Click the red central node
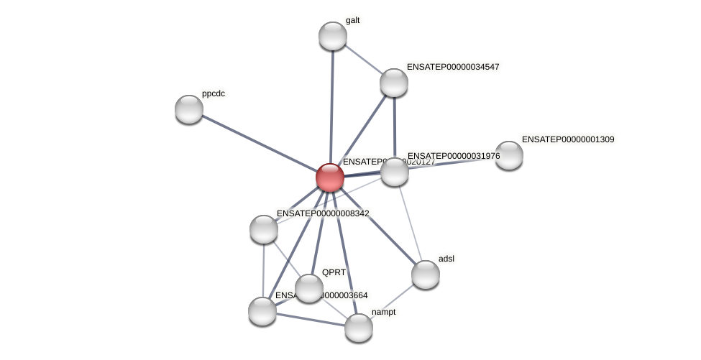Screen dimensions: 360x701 [x=330, y=177]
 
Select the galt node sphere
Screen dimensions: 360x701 [x=333, y=36]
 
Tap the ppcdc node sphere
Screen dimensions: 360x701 [x=189, y=109]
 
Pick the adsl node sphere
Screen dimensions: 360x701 [x=426, y=274]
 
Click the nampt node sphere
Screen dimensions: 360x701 [x=359, y=328]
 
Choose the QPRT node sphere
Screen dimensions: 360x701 [x=309, y=288]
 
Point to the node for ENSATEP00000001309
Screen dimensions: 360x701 [x=509, y=155]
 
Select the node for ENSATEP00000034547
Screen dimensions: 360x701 [x=394, y=83]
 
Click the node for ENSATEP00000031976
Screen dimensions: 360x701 [x=395, y=172]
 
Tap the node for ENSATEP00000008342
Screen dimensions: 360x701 [x=264, y=229]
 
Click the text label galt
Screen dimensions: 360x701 [x=352, y=20]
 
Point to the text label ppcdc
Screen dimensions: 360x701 [x=214, y=93]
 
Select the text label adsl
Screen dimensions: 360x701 [x=446, y=259]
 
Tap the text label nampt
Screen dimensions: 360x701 [x=383, y=312]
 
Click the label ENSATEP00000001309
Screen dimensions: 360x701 [x=568, y=139]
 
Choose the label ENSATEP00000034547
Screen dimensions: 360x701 [x=453, y=67]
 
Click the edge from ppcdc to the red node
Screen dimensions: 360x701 [x=259, y=143]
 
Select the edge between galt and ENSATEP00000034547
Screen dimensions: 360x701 [x=363, y=59]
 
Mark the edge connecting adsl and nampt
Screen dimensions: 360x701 [x=393, y=301]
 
